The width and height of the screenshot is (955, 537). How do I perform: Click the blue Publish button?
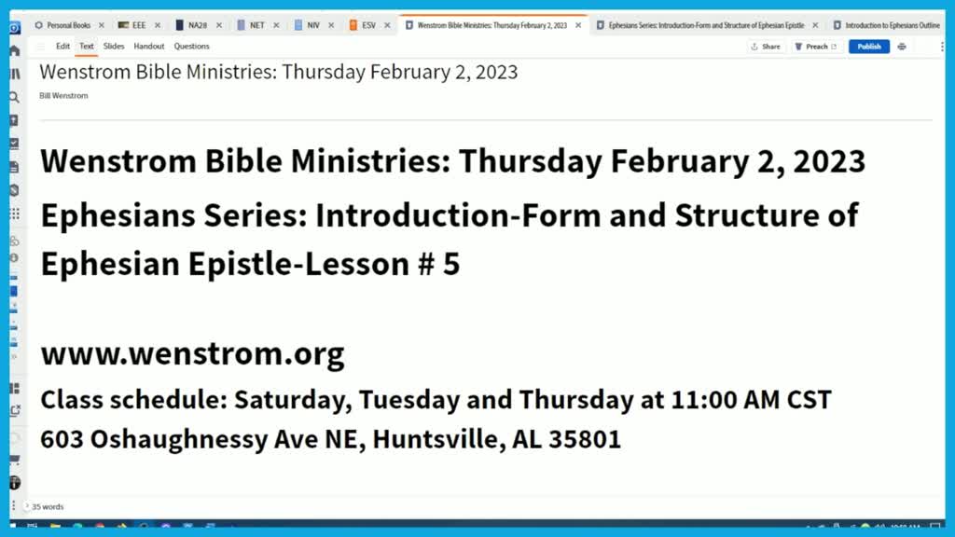(x=868, y=47)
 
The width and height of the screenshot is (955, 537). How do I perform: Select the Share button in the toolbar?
(x=765, y=47)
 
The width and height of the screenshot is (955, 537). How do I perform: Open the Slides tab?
(x=114, y=46)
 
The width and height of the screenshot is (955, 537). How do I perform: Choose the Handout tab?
(x=148, y=46)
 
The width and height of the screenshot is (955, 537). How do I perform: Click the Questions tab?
(x=191, y=46)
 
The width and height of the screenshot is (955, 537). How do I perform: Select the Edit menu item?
(x=62, y=46)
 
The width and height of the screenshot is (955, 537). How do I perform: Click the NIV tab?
(x=312, y=25)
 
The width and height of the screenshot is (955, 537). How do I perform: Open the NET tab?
(x=256, y=25)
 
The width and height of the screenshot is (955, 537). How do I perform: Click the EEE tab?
(x=138, y=25)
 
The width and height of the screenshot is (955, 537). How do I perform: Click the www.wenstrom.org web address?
(x=192, y=354)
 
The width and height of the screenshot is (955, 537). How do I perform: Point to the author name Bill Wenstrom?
(x=63, y=95)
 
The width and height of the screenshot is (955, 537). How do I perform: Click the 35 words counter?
(x=48, y=507)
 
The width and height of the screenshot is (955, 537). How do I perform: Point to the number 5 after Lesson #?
(x=451, y=265)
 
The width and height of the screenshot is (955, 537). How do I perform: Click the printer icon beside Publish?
(x=902, y=47)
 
